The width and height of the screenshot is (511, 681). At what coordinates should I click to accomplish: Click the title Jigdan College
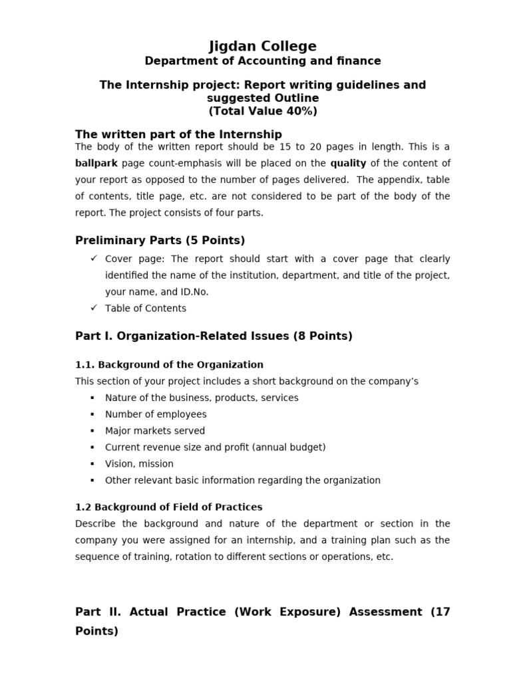pos(263,46)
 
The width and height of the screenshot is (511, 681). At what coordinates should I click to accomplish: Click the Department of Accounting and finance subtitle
pos(263,61)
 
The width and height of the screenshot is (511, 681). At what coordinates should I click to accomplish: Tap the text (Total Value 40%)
pos(263,111)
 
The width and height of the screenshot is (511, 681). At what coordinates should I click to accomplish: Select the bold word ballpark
pos(97,163)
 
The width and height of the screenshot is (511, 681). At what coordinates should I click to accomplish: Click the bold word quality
pos(348,163)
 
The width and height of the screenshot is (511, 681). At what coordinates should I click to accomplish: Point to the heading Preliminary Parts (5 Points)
pos(160,240)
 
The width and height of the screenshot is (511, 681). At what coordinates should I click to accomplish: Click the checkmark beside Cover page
pos(94,258)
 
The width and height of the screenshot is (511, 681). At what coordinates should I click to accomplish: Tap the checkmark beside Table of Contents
pos(94,307)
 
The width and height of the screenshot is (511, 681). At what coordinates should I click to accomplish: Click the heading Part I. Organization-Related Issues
pos(214,336)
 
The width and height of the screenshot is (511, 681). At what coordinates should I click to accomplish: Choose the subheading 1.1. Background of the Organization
pos(169,364)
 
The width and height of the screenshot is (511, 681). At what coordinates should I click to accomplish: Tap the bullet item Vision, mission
pos(139,464)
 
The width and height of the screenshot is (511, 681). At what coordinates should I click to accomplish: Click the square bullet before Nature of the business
pos(92,398)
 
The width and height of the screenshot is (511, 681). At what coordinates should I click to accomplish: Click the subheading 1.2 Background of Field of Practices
pos(169,507)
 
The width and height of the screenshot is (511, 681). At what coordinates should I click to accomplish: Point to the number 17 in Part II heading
pos(441,612)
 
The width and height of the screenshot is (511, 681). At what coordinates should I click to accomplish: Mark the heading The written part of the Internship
pos(178,134)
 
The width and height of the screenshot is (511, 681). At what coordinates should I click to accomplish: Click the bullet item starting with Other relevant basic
pos(243,480)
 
